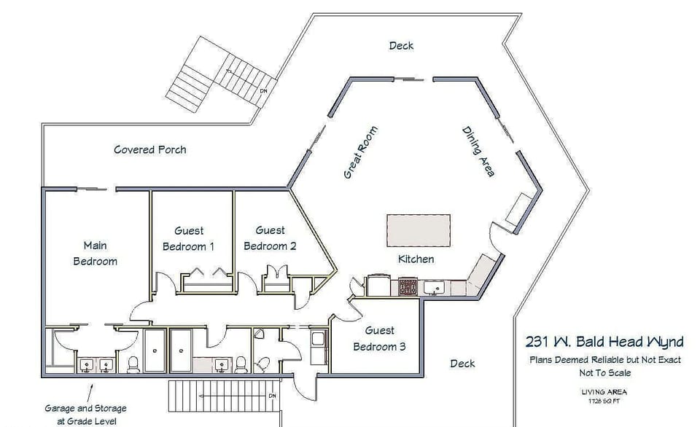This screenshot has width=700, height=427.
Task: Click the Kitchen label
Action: [x=416, y=259]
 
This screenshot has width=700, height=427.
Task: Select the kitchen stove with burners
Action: [x=408, y=286]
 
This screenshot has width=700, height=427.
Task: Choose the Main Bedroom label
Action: [x=95, y=253]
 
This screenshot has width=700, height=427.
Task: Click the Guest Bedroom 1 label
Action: [x=188, y=238]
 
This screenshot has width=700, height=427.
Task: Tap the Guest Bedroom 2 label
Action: [x=270, y=238]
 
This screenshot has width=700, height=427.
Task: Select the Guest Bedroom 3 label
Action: [x=379, y=338]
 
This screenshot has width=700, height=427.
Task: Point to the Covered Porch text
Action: [x=149, y=149]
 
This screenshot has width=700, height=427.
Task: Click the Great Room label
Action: [x=361, y=152]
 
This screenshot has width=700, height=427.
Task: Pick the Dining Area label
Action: [x=478, y=152]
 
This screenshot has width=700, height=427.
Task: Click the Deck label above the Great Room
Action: [x=401, y=45]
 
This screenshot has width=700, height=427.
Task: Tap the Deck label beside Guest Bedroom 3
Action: [x=462, y=363]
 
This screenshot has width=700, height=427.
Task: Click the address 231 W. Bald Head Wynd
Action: [x=604, y=342]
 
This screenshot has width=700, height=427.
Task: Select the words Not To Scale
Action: [x=604, y=372]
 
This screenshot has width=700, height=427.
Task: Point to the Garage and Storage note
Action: [x=85, y=413]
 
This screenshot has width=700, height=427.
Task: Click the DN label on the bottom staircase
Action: [x=272, y=396]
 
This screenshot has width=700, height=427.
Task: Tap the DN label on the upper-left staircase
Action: [x=263, y=91]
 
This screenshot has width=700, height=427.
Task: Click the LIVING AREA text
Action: [x=604, y=392]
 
